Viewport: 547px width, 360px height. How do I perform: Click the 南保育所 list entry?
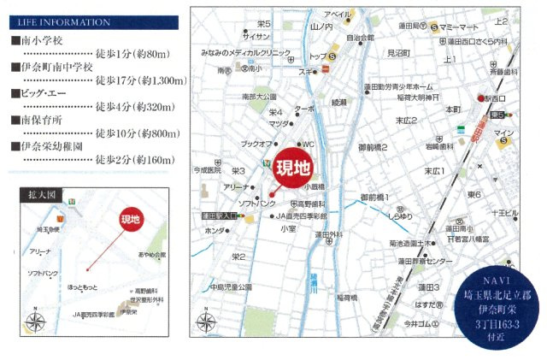35,120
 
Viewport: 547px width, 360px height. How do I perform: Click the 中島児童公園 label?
226,286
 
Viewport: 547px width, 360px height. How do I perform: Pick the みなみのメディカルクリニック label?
242,52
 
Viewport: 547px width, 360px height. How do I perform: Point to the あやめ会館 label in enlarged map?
149,255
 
